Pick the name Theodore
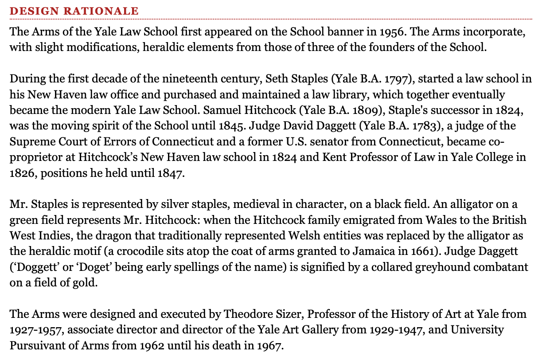pos(247,314)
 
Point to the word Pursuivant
pos(38,346)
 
